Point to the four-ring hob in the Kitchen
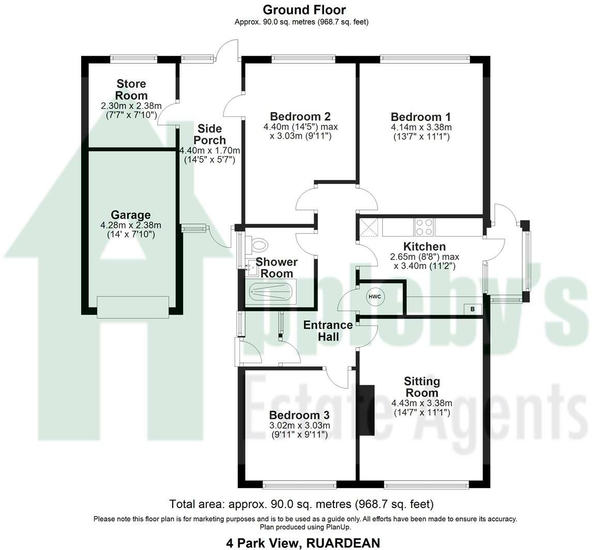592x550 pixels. [x=424, y=227]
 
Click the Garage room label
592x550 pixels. [x=131, y=215]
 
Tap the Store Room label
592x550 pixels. [x=131, y=89]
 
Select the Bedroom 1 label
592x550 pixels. [x=421, y=117]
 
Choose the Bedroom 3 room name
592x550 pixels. [x=299, y=415]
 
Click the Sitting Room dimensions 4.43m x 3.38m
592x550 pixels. [x=422, y=403]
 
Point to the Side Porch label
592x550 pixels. [x=209, y=134]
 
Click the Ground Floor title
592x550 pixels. [x=305, y=9]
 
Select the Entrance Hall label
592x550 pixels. [x=328, y=331]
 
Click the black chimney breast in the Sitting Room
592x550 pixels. [x=367, y=410]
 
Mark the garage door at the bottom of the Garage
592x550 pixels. [x=133, y=307]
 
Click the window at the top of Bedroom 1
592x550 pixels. [x=425, y=58]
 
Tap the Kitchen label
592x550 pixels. [x=425, y=247]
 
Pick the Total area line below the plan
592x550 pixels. [x=301, y=504]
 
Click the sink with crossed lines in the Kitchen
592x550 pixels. [x=369, y=227]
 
